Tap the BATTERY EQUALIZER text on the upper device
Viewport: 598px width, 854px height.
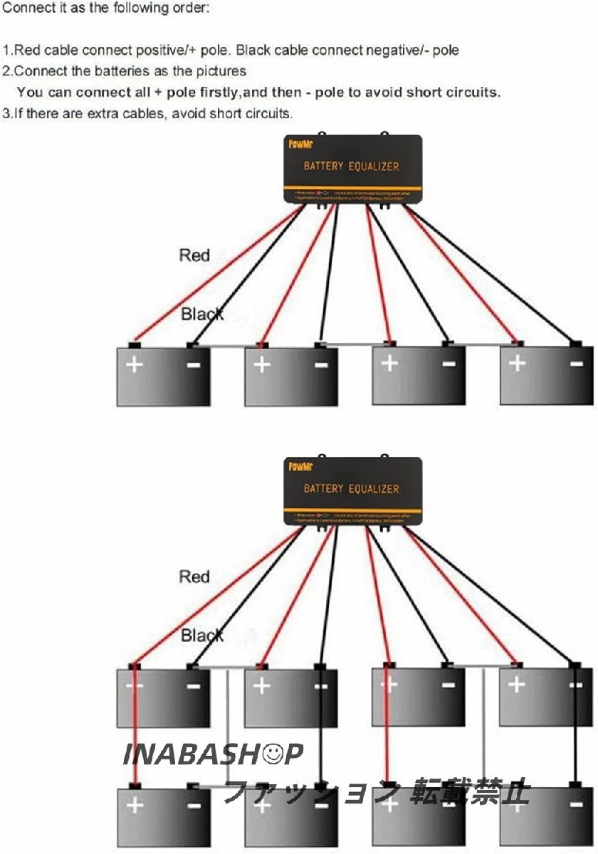352,167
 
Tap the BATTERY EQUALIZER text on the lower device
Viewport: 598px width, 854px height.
352,489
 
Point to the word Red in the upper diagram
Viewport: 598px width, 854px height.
194,255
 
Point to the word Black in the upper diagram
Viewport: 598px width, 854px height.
202,314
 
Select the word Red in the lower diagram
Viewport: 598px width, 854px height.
194,576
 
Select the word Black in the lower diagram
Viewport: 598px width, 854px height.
202,635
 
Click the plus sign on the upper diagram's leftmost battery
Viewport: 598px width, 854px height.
135,365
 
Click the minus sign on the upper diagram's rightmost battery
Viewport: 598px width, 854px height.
576,364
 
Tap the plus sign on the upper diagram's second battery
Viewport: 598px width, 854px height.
262,365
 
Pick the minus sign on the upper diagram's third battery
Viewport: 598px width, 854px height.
448,364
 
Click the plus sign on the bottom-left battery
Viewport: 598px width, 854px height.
135,806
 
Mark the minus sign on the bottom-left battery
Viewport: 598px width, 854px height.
193,806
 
